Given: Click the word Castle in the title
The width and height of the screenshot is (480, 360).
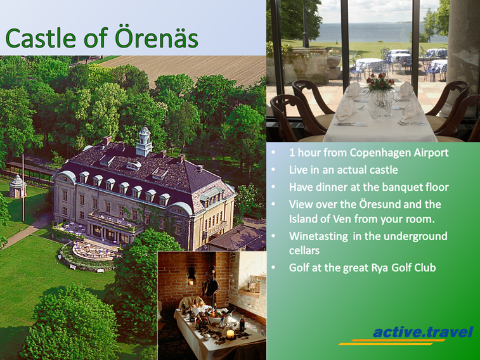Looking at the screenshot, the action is pos(41,38).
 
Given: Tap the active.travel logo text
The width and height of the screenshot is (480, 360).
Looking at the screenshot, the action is pos(423,332).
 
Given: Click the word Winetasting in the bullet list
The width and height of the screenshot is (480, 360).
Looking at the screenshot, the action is pos(319,236).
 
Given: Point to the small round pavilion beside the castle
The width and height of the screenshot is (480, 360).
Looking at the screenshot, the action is pos(18,186).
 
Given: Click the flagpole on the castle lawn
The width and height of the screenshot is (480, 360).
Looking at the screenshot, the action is pos(23,187).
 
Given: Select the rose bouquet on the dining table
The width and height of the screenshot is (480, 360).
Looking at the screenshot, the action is pos(380,82).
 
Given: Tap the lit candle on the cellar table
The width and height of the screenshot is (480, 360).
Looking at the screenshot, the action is pos(230,334).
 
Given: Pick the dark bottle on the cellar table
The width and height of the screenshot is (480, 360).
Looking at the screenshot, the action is pos(242,323).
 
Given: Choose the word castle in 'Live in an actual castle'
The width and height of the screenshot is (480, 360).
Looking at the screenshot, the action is pos(383,170).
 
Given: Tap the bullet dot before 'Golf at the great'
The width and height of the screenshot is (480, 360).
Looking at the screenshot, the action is pos(273,267).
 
